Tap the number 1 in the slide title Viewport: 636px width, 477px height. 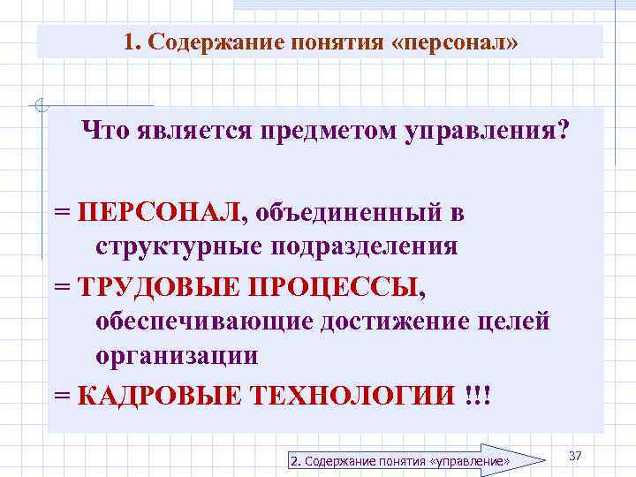(130, 43)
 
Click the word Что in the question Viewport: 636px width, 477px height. (103, 134)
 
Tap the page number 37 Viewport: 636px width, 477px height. (575, 455)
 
